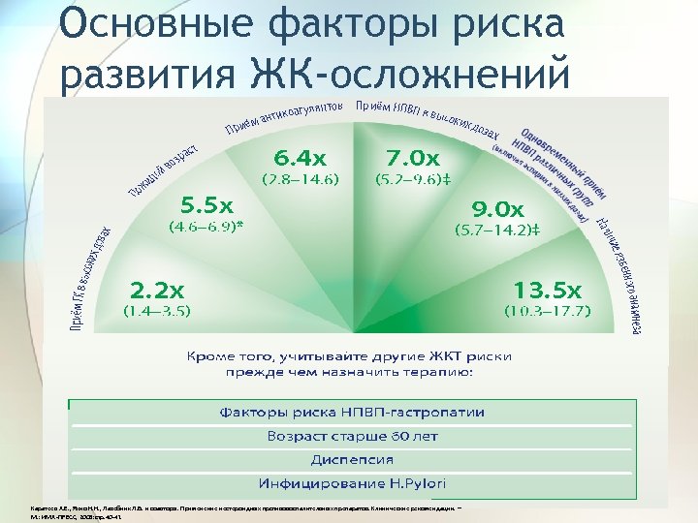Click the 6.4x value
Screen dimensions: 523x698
300,157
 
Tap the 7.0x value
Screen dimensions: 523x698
412,157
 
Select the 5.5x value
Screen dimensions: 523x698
207,205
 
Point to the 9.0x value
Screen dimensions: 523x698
496,208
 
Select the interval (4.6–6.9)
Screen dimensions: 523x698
206,228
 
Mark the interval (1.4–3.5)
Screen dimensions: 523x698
156,311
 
